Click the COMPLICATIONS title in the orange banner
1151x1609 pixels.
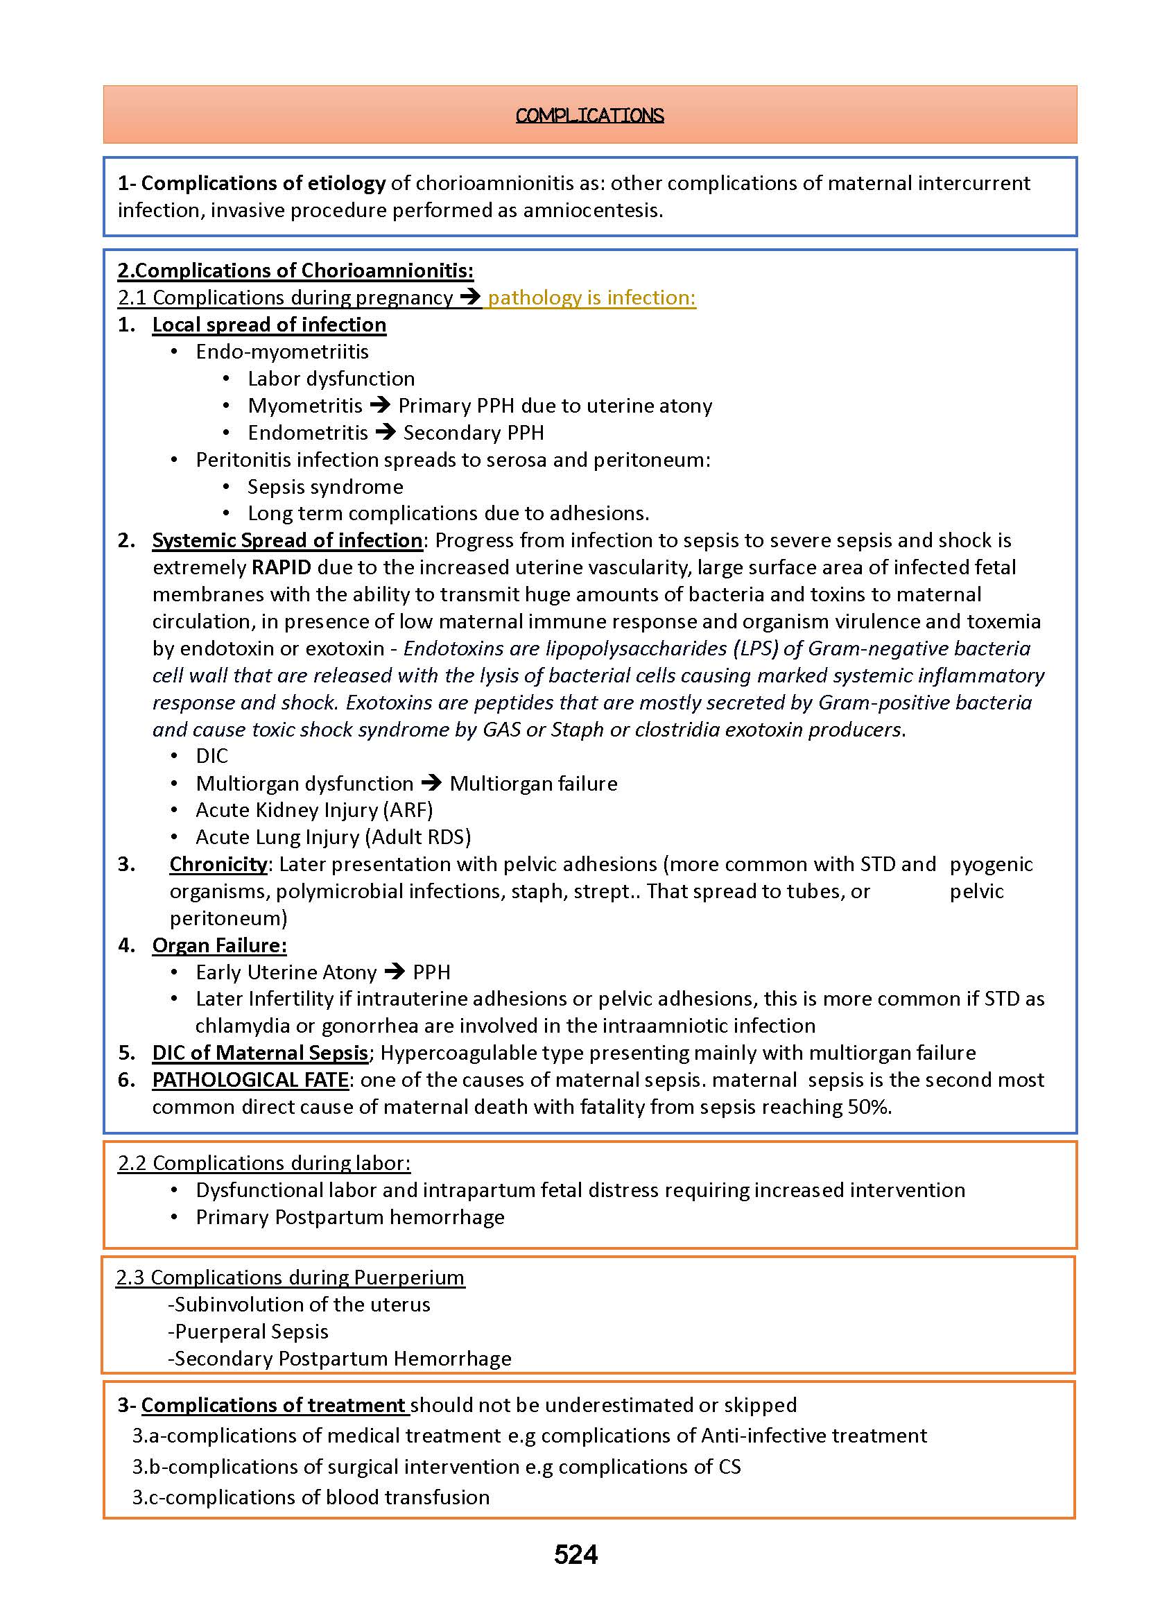tap(589, 116)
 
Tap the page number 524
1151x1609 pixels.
tap(575, 1554)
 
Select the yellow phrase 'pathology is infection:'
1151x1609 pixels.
tap(592, 298)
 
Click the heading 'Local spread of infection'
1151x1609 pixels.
tap(269, 325)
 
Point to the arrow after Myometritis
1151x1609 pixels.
tap(381, 406)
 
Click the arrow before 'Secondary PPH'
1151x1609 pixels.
tap(386, 432)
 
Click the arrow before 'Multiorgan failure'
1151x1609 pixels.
tap(431, 783)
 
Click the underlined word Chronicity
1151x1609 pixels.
tap(218, 864)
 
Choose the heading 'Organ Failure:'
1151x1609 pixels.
tap(220, 945)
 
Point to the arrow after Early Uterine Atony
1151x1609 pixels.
tap(395, 972)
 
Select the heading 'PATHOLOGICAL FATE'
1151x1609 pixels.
tap(250, 1080)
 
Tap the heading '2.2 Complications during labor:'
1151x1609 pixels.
tap(264, 1163)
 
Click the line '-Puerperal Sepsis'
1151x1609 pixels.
tap(249, 1331)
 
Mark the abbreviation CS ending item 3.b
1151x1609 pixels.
tap(729, 1466)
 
